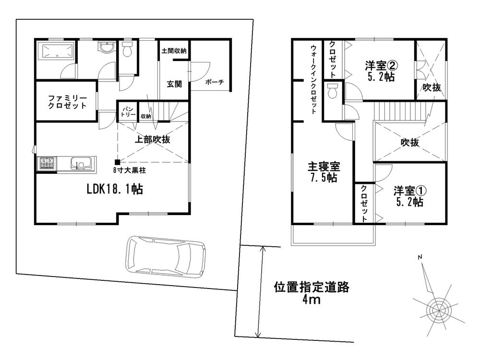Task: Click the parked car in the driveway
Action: [x=166, y=257]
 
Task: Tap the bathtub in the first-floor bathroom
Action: [x=57, y=51]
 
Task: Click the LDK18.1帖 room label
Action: [x=115, y=189]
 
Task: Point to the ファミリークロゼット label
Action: [x=67, y=102]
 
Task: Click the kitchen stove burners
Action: [x=47, y=164]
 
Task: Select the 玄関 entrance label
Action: [x=174, y=84]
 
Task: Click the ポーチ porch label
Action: [x=215, y=82]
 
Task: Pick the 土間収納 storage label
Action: [x=174, y=51]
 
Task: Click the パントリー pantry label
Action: [x=128, y=112]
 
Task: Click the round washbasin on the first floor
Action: [x=106, y=48]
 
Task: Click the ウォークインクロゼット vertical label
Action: [x=313, y=80]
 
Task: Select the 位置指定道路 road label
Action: [x=312, y=288]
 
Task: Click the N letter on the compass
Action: [x=420, y=257]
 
